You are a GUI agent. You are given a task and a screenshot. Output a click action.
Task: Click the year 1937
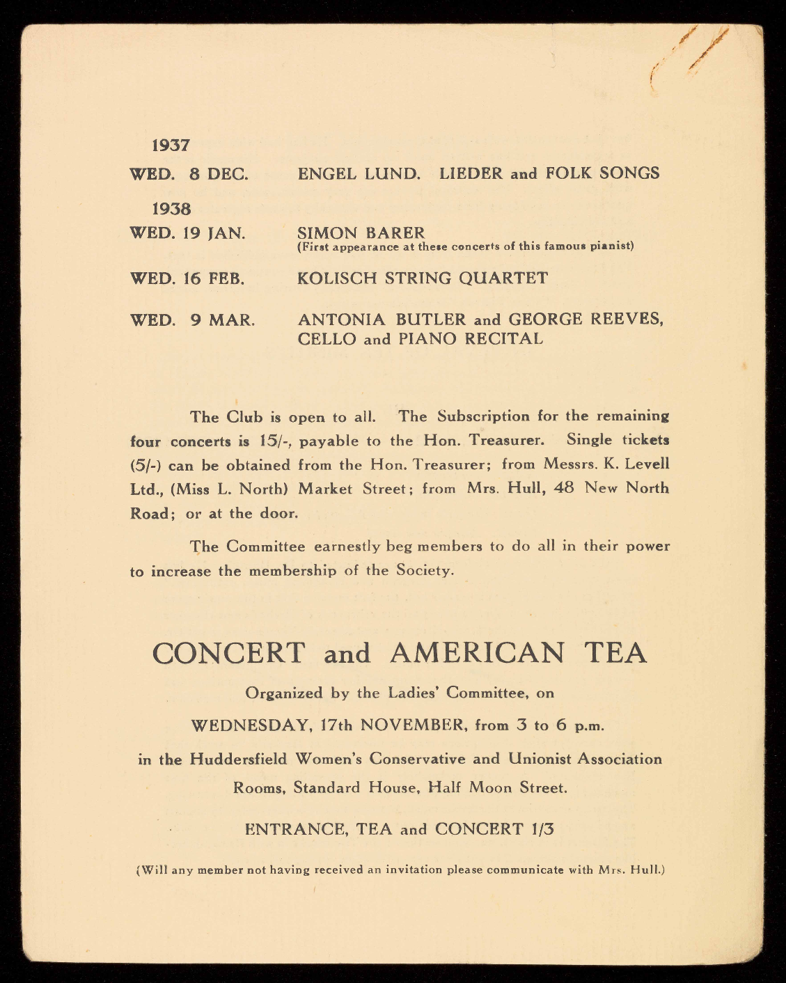tap(171, 146)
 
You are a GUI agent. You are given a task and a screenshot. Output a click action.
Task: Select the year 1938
tap(171, 208)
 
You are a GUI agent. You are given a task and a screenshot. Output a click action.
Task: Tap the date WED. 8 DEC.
tap(189, 174)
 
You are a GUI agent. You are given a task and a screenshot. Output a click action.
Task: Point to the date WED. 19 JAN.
tap(187, 233)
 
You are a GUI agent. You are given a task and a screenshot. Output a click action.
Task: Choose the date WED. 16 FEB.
tap(187, 279)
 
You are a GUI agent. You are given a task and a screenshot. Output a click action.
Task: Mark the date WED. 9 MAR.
tap(192, 320)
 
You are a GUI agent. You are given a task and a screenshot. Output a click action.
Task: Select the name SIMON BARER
tap(361, 232)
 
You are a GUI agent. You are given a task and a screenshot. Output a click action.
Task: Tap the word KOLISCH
tap(333, 278)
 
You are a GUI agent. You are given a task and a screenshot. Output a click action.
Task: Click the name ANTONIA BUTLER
tap(382, 320)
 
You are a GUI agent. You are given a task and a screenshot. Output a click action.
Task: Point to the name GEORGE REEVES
tap(585, 320)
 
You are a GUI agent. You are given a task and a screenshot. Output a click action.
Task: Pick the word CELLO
tap(327, 339)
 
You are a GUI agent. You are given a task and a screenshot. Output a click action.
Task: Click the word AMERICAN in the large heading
tap(478, 653)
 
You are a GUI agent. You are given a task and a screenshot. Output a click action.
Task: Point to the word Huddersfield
tap(238, 758)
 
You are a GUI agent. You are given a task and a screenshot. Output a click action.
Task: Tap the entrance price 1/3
tap(542, 829)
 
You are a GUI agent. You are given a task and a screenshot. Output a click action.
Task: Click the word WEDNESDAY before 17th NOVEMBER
tap(250, 725)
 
